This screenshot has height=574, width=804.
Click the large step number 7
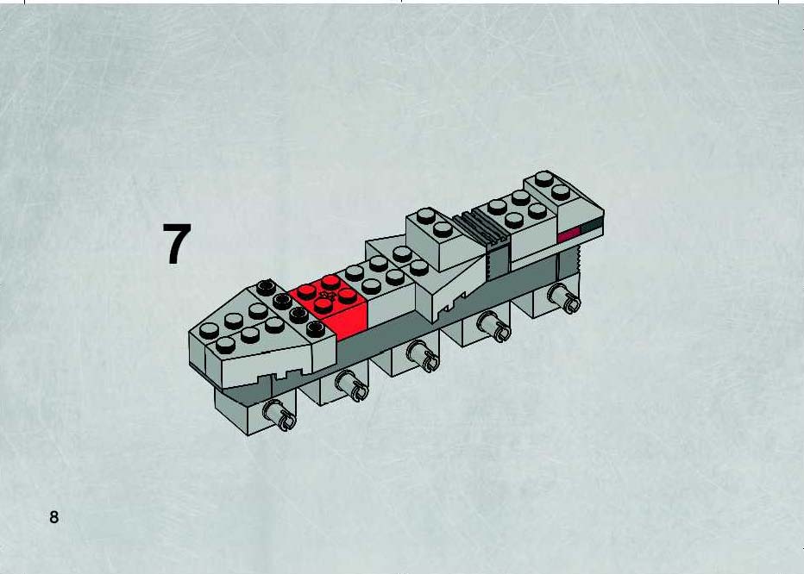pos(177,244)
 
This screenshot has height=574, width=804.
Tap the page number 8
pos(53,517)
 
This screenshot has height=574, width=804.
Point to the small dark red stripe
pos(568,234)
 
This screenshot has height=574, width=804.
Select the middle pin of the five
pos(424,355)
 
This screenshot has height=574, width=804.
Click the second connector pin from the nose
pos(352,385)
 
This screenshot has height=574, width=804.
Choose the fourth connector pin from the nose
pos(494,327)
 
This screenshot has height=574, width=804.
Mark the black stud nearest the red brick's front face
pos(316,328)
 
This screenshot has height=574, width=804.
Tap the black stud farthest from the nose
pos(266,287)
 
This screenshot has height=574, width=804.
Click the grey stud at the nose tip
pos(209,331)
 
